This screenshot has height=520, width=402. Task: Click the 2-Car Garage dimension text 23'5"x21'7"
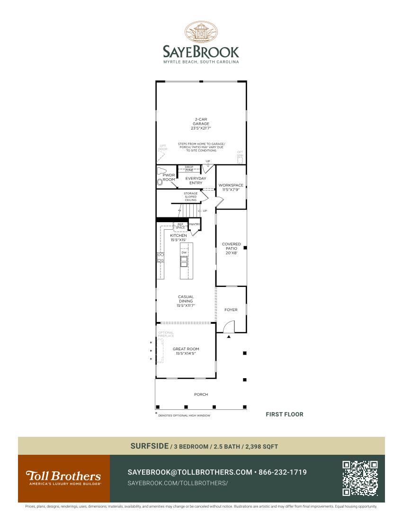(x=201, y=128)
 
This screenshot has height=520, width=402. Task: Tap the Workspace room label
(x=231, y=185)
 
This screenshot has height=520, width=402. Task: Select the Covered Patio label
(x=231, y=246)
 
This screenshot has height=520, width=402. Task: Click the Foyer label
(x=231, y=310)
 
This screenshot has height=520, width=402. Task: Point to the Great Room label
(x=186, y=349)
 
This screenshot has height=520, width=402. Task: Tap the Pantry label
(x=195, y=224)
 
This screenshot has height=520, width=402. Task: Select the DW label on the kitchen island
(x=184, y=252)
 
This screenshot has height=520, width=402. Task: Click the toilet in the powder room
(x=160, y=181)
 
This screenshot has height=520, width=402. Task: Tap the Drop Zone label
(x=189, y=168)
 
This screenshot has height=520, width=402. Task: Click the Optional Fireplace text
(x=166, y=334)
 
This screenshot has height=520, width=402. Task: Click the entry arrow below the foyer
(x=229, y=337)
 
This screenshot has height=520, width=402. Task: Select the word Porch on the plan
(x=201, y=394)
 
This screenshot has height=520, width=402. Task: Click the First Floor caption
(x=284, y=414)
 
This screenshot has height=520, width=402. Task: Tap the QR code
(x=360, y=478)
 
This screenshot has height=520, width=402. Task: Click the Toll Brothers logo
(x=63, y=477)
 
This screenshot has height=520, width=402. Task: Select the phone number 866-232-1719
(x=283, y=472)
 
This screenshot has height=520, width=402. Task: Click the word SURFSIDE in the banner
(x=149, y=446)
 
